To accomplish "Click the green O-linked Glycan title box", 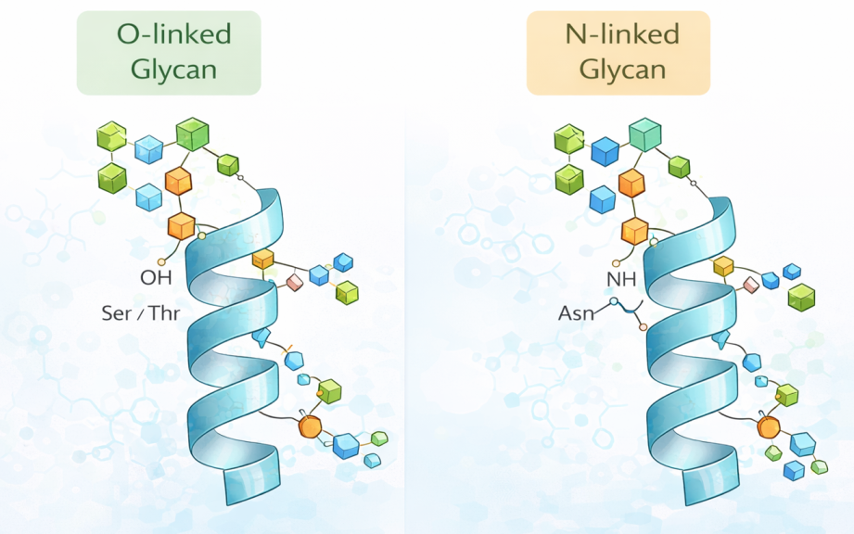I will click(169, 53).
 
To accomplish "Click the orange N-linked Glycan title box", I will click(618, 53).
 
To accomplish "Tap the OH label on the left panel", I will click(156, 277).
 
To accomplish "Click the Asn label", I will click(577, 314).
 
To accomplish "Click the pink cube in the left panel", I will click(295, 282).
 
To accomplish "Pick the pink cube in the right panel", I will click(750, 285).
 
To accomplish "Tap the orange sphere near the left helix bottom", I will click(310, 426).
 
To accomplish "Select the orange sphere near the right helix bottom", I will click(768, 427).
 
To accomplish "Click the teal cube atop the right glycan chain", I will click(644, 135).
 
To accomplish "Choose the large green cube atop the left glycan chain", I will click(192, 133).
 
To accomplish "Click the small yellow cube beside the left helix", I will click(263, 259).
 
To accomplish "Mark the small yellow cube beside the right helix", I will click(724, 267).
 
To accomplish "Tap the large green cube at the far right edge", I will click(801, 297).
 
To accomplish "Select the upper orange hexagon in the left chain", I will click(178, 182).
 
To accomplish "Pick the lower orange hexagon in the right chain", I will click(635, 230).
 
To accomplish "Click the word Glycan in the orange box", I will click(618, 69).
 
